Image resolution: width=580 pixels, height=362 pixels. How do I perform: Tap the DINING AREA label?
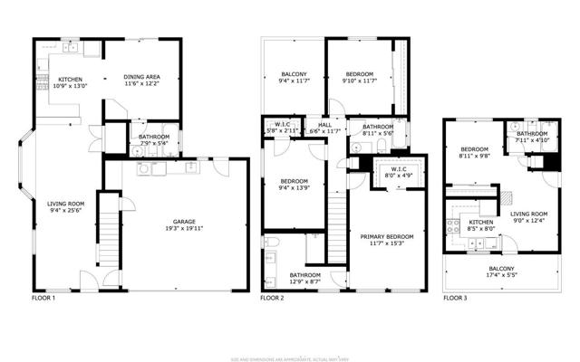[x=141, y=77]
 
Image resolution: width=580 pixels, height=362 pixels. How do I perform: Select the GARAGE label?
[x=186, y=222]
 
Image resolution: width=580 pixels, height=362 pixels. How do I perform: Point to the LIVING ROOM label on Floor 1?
[x=65, y=204]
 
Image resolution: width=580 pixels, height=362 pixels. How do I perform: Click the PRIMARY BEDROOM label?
[x=386, y=237]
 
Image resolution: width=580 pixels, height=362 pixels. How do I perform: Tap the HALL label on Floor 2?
[x=323, y=126]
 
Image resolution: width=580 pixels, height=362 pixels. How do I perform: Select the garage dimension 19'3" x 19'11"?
[x=186, y=230]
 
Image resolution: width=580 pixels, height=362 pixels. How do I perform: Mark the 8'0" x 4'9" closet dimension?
[x=398, y=176]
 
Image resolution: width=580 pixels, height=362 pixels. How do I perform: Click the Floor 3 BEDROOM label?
[x=474, y=149]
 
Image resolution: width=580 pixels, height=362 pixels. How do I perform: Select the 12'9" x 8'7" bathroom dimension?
[x=304, y=282]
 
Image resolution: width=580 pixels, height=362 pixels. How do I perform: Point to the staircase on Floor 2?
[x=337, y=231]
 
